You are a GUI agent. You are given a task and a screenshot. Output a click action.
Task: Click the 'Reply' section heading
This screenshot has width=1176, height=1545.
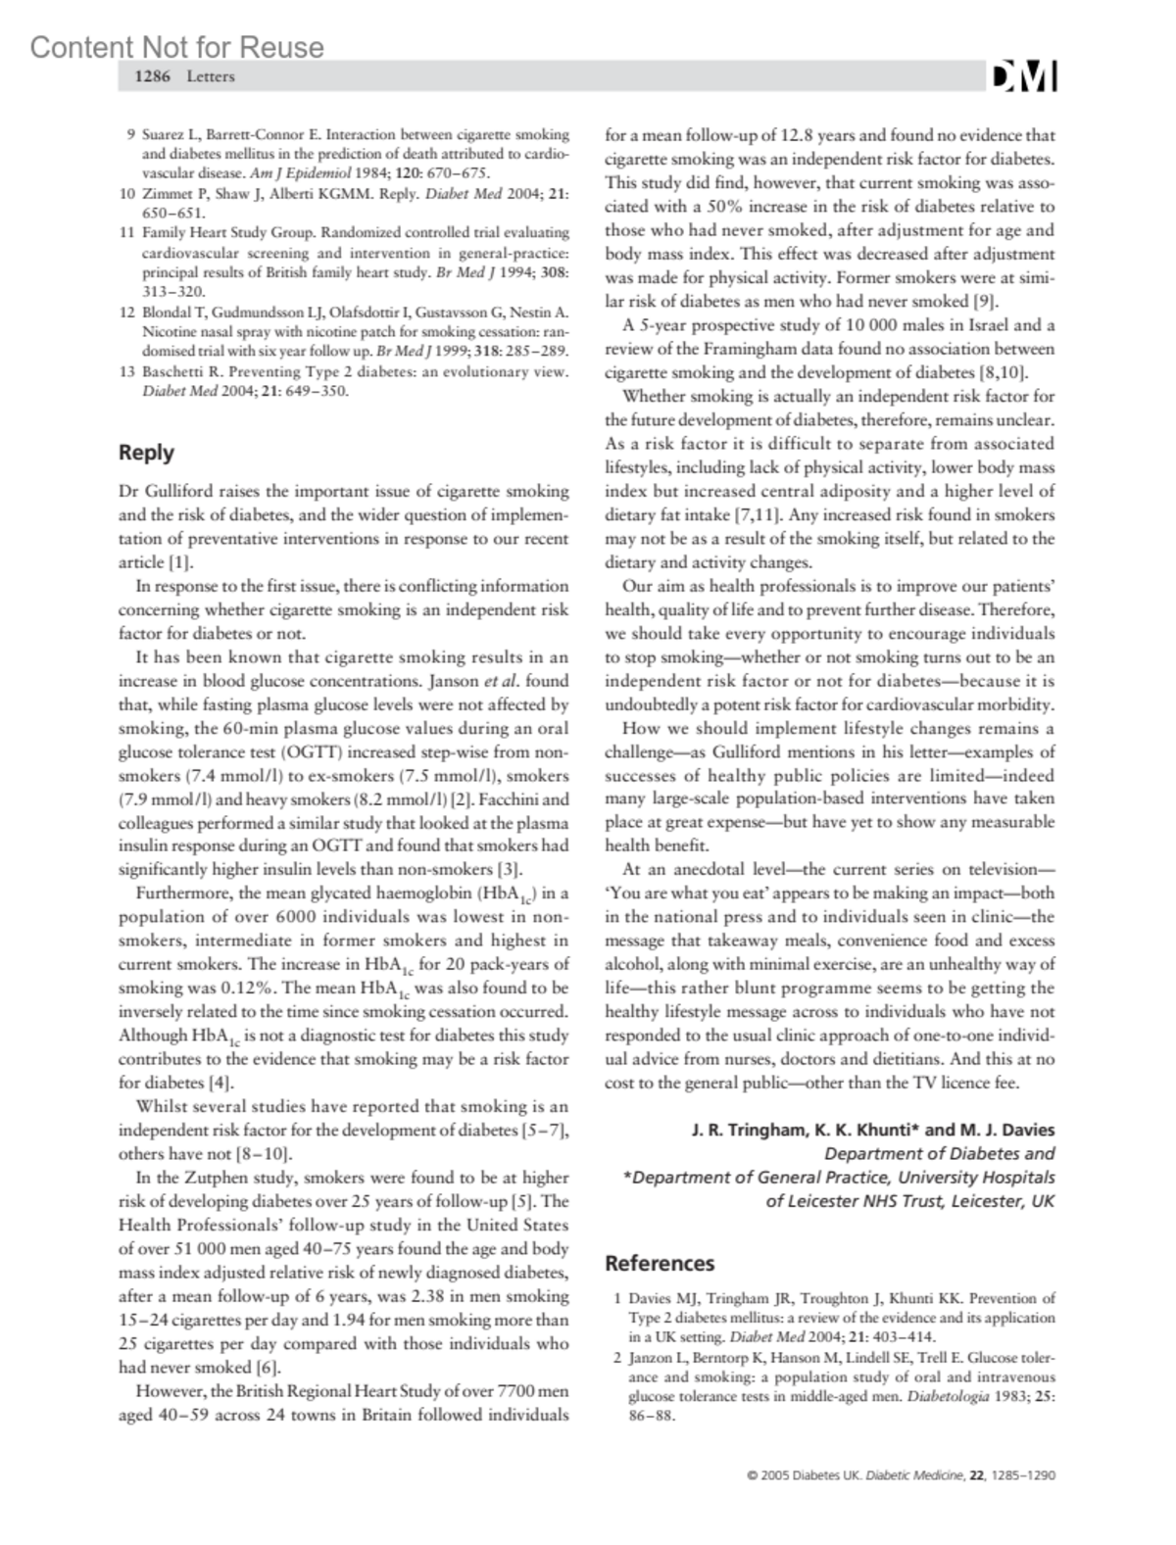coord(146,453)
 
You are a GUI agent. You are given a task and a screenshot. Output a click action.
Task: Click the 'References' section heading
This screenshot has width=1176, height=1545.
coord(660,1264)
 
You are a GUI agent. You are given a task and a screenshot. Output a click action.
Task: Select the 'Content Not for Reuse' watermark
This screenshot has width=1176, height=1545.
coord(177,47)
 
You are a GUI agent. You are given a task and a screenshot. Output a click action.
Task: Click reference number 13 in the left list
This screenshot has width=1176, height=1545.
coord(126,372)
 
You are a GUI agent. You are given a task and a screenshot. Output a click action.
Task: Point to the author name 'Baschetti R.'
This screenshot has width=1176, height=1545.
coord(181,372)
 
